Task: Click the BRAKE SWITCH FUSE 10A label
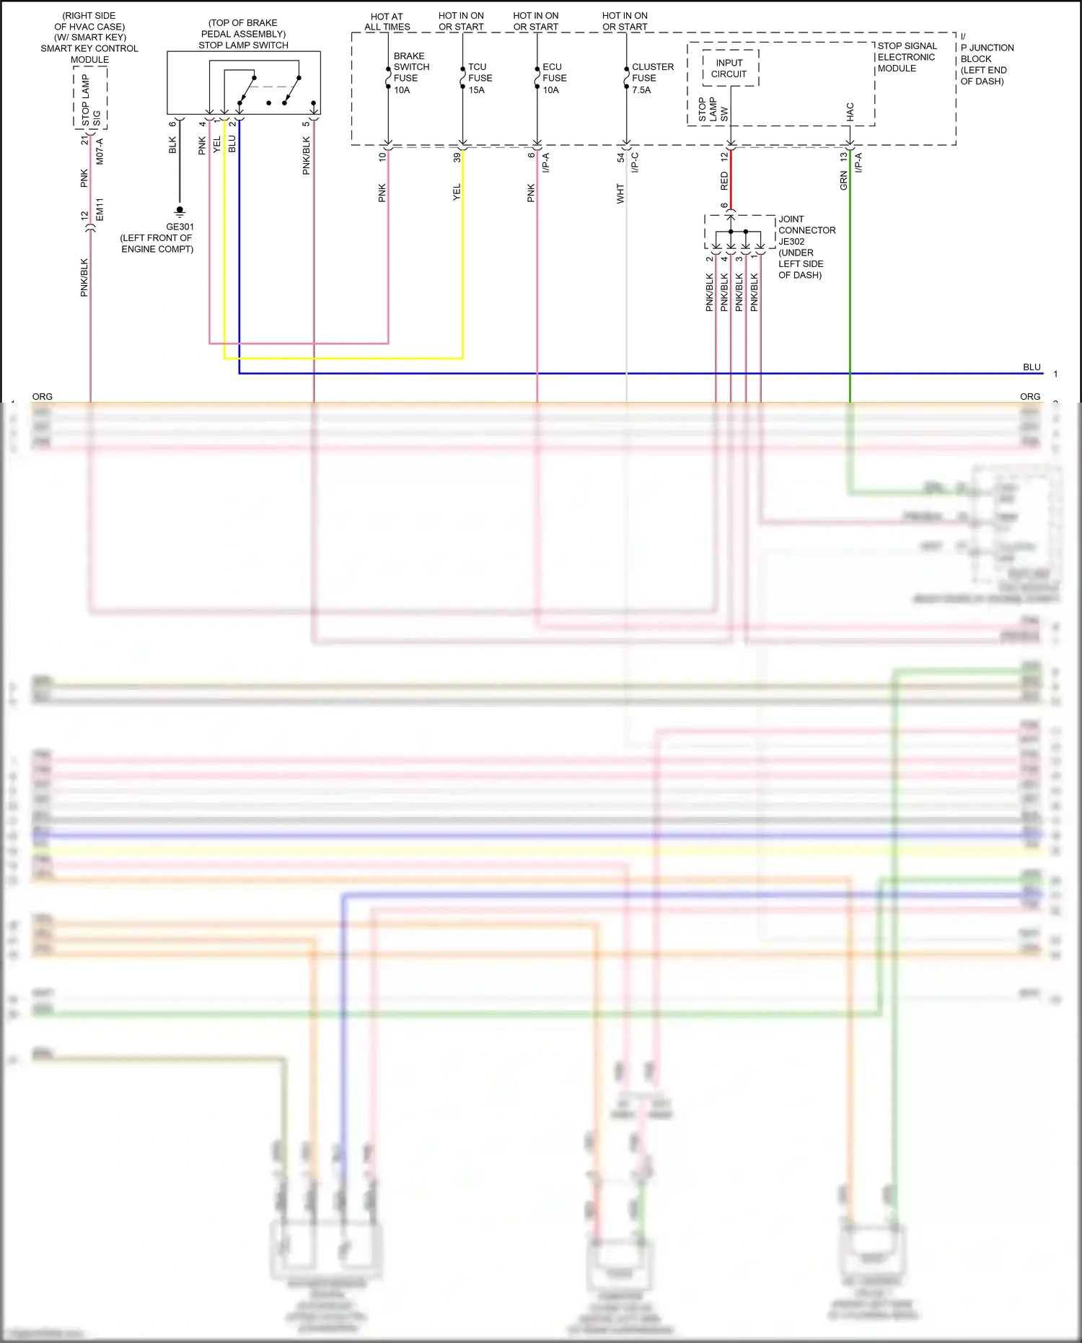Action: coord(410,73)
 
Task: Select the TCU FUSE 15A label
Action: coord(480,78)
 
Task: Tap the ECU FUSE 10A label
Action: coord(554,78)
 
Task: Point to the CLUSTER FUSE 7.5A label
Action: coord(651,78)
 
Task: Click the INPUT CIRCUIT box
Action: coord(730,69)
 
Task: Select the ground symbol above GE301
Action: coord(180,212)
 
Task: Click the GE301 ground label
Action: coord(180,227)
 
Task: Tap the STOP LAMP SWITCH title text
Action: coord(243,45)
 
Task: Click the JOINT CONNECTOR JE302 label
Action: coord(806,230)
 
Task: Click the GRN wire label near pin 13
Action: coord(843,180)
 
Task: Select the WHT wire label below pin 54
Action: coord(620,193)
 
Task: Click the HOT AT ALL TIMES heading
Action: coord(387,22)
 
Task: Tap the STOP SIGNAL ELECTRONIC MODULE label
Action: coord(906,57)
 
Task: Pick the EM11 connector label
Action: coord(100,209)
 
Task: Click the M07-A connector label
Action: coord(100,152)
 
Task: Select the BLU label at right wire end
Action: coord(1032,367)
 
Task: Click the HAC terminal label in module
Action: coord(850,111)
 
